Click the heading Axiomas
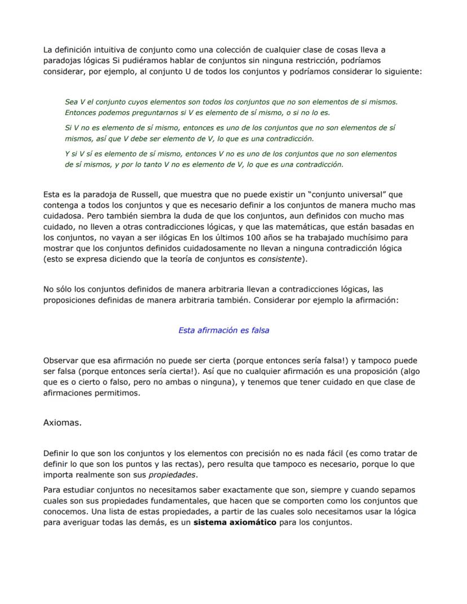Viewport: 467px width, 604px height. point(62,422)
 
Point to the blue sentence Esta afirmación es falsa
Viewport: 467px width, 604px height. point(223,330)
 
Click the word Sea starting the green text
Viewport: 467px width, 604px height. point(72,102)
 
